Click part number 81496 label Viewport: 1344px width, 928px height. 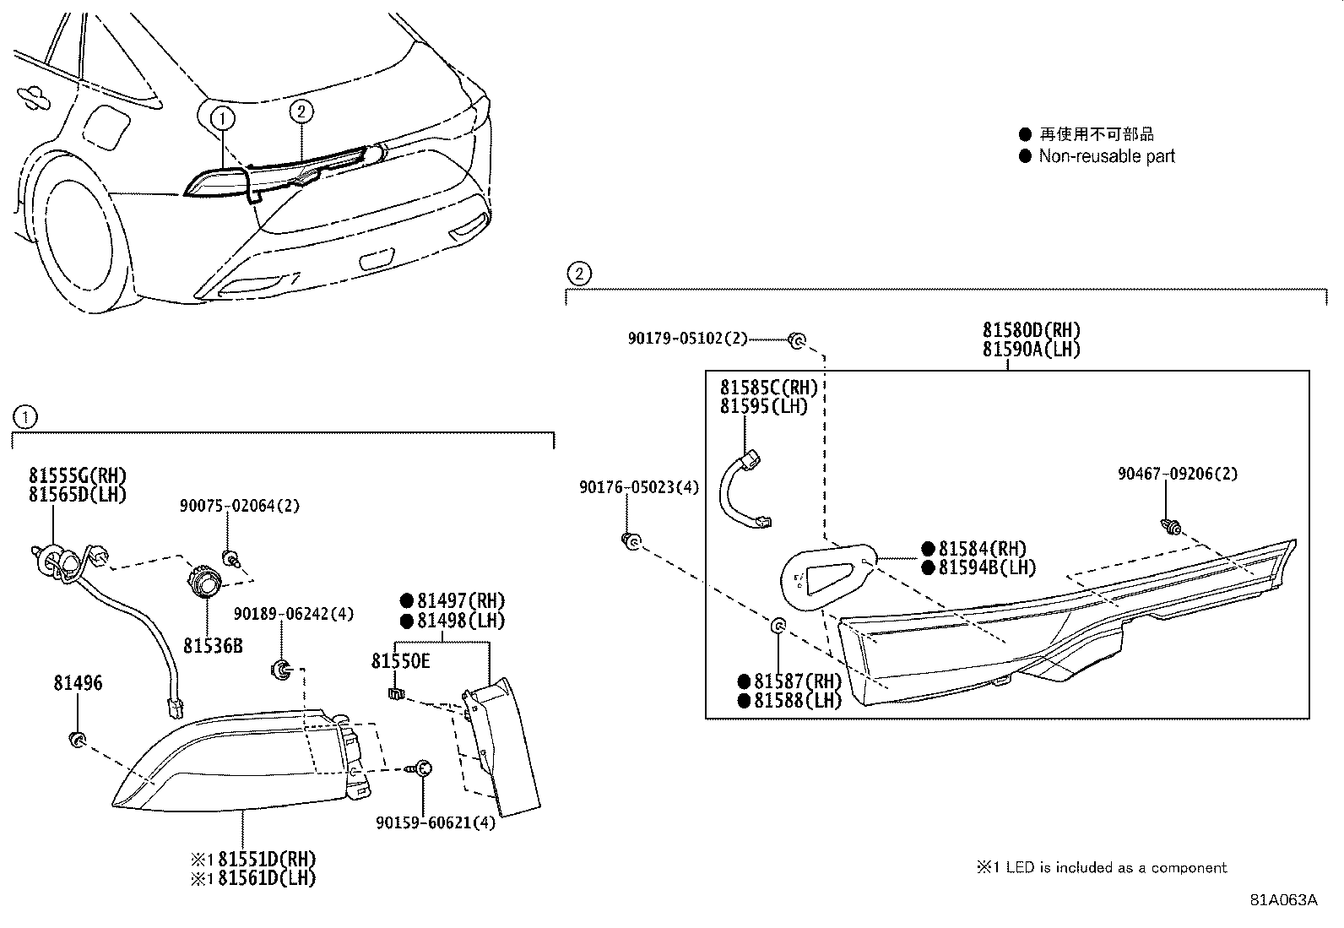pyautogui.click(x=78, y=682)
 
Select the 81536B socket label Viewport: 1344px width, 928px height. pyautogui.click(x=213, y=645)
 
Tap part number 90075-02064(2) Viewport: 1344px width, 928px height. pyautogui.click(x=239, y=506)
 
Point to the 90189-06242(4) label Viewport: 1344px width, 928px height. pyautogui.click(x=294, y=614)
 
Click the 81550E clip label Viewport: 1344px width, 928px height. pyautogui.click(x=400, y=660)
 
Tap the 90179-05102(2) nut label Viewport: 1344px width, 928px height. pyautogui.click(x=688, y=339)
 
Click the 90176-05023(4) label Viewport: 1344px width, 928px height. pyautogui.click(x=639, y=487)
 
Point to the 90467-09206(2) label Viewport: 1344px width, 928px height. pyautogui.click(x=1178, y=475)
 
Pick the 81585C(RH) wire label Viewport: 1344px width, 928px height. pyautogui.click(x=769, y=388)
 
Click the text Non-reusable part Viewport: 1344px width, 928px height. pyautogui.click(x=1107, y=156)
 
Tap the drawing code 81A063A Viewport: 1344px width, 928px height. pyautogui.click(x=1283, y=900)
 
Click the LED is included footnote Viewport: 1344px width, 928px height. pyautogui.click(x=1102, y=867)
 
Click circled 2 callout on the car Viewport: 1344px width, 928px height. pyautogui.click(x=302, y=110)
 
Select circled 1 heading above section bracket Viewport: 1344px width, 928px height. pyautogui.click(x=25, y=416)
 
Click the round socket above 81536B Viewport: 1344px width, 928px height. pyautogui.click(x=203, y=581)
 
